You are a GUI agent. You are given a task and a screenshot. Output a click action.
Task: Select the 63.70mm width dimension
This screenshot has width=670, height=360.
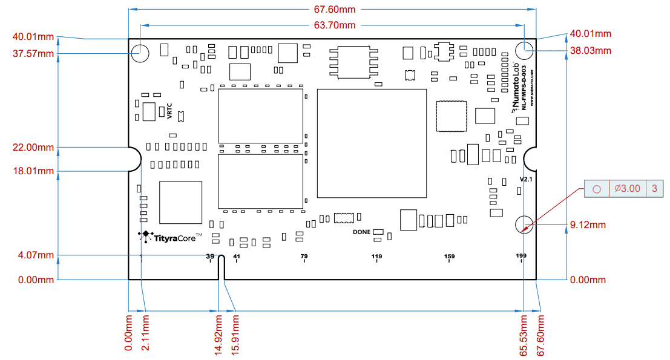[334, 25]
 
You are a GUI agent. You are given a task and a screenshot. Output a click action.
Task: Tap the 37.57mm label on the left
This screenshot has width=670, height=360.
[33, 54]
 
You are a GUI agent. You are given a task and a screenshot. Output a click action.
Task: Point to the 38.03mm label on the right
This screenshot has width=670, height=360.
[591, 50]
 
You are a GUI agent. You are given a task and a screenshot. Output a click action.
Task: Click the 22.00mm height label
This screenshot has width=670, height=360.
[33, 148]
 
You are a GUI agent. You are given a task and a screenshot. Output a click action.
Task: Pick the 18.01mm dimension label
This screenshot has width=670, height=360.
[33, 171]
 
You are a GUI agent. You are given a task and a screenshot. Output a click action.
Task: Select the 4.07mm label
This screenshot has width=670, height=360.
[36, 255]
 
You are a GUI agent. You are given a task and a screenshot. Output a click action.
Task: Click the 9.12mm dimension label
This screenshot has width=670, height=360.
[588, 225]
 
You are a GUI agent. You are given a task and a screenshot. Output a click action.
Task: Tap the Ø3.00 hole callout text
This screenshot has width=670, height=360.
[627, 189]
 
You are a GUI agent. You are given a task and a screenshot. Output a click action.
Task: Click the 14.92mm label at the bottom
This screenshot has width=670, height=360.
[218, 335]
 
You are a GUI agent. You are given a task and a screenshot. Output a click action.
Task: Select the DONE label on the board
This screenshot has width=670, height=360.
[362, 232]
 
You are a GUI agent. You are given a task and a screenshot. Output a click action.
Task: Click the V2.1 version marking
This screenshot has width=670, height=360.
[526, 180]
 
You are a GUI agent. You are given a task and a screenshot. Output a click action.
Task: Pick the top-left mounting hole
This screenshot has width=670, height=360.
[140, 53]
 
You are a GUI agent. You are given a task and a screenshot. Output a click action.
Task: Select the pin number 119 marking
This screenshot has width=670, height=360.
[376, 257]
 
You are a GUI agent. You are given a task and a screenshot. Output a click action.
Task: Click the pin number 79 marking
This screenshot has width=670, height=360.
[304, 257]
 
